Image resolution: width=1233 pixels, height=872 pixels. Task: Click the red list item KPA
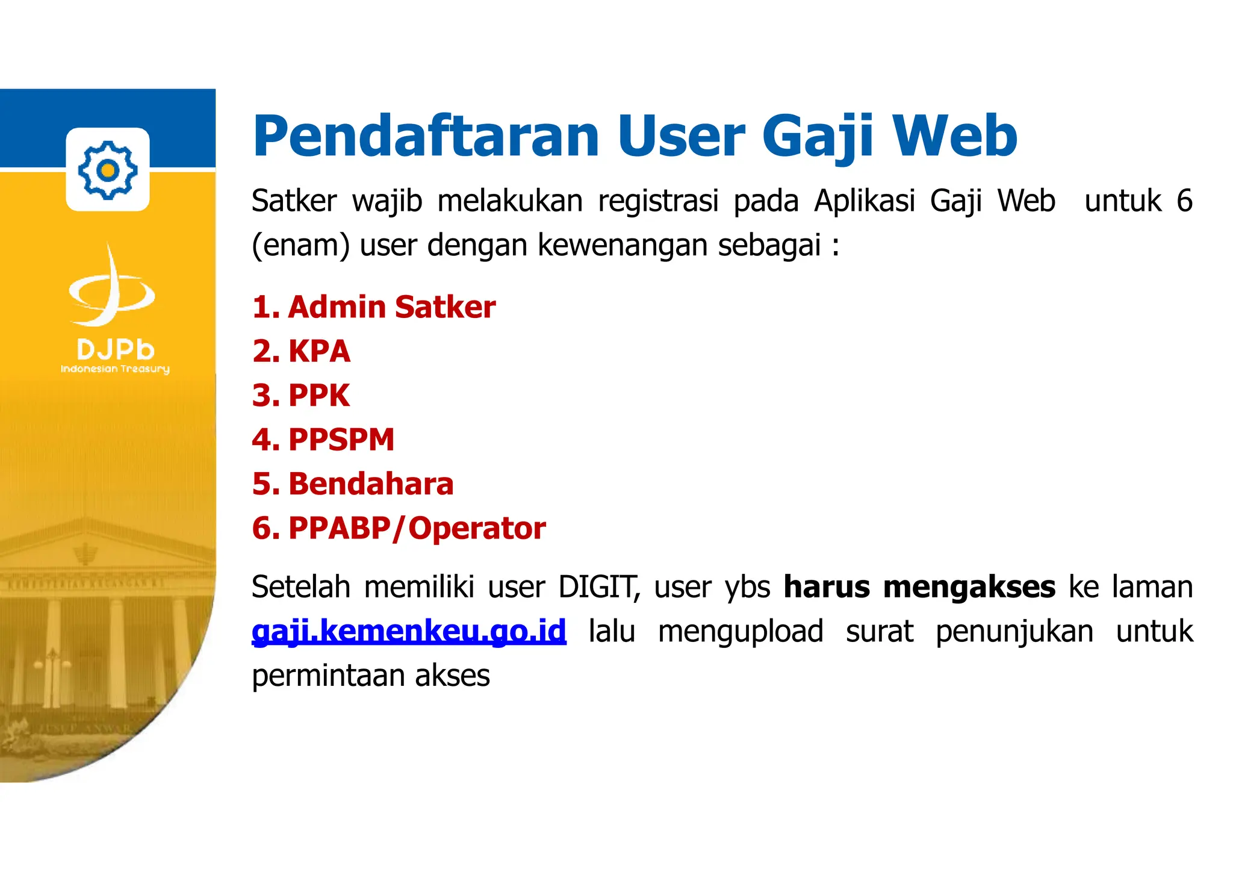tap(319, 352)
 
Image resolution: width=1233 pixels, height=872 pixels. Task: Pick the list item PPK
tap(318, 396)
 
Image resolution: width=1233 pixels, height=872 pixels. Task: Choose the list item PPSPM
tap(341, 440)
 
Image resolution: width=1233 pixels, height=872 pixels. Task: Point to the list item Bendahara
tap(370, 484)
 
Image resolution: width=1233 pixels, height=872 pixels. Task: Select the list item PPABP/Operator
tap(417, 529)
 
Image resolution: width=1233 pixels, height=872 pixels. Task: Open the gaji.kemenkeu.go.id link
tap(409, 631)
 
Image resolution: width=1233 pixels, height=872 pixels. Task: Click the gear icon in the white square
tap(108, 170)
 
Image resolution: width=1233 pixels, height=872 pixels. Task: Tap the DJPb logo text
tap(116, 350)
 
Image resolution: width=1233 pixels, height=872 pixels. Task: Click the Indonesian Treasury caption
tap(115, 369)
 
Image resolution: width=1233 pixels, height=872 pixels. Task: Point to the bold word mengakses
tap(969, 587)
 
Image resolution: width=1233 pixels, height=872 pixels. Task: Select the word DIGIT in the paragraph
tap(598, 587)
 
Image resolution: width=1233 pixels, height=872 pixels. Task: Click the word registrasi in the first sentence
tap(658, 201)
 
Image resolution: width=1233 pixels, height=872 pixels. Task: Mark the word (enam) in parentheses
tap(300, 246)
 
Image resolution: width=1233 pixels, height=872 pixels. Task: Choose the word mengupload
tap(741, 632)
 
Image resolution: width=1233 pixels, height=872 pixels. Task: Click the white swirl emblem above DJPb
tap(112, 288)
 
